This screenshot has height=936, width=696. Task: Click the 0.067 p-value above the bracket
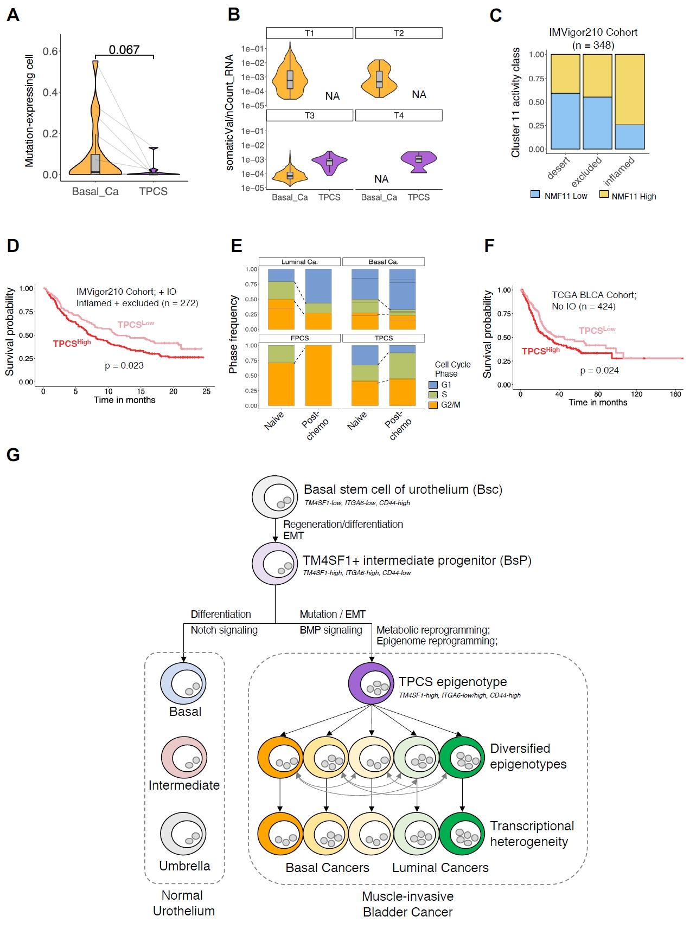point(124,50)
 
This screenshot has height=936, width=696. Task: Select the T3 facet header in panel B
point(309,115)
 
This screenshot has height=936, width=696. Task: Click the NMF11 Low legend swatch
point(535,194)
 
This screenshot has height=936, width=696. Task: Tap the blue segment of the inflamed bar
point(630,137)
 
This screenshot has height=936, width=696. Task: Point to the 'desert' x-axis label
point(559,167)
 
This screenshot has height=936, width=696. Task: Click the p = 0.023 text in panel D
point(124,365)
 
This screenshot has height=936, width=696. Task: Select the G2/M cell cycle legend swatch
point(433,405)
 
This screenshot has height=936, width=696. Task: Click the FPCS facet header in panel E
point(299,338)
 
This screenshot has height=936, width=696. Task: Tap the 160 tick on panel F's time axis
point(675,394)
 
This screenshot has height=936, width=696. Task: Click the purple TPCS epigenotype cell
point(371,683)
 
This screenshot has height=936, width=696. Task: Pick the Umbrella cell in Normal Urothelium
point(183,834)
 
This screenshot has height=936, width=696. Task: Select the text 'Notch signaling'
point(224,630)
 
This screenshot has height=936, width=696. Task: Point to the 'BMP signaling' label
point(331,630)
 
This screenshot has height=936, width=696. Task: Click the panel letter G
point(13,455)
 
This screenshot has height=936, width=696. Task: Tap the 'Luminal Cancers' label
point(440,868)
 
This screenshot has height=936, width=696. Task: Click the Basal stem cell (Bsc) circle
point(274,496)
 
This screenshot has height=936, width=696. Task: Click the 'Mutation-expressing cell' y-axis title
point(29,111)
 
